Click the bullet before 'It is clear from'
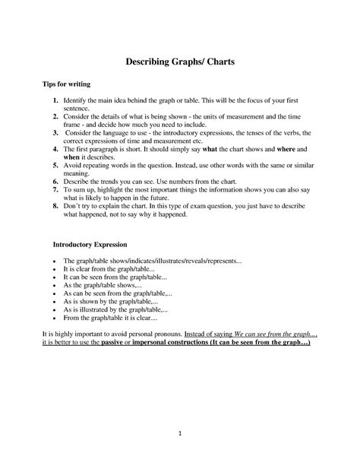[55, 270]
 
